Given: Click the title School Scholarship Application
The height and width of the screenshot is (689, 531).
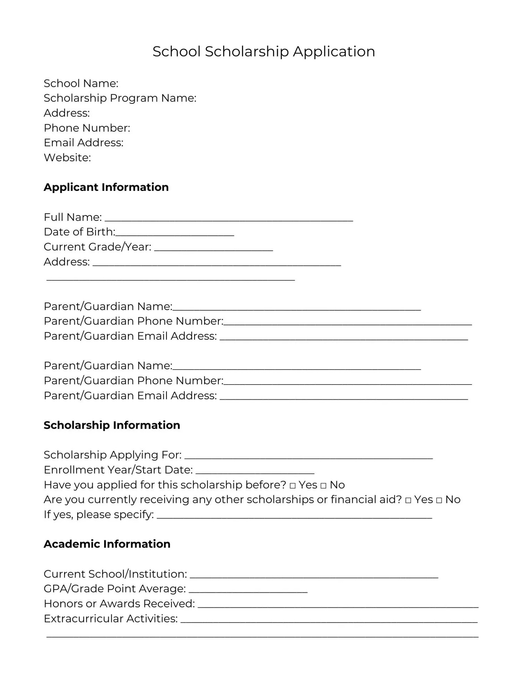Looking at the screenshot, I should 264,51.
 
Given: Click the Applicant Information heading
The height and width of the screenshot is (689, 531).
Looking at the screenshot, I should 106,187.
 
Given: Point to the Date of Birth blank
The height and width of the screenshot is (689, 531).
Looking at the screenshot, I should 175,233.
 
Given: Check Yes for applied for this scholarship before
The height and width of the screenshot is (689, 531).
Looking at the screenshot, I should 292,486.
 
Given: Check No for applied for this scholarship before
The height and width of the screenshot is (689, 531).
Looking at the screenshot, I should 323,486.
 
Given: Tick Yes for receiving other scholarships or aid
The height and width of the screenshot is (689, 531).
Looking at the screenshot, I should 408,501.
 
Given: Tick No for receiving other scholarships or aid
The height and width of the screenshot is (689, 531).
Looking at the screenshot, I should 439,501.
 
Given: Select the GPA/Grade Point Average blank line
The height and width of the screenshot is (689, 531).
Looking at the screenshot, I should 248,590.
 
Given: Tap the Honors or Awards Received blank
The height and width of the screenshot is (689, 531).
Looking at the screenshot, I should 338,605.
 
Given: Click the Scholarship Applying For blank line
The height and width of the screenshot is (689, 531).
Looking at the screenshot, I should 309,456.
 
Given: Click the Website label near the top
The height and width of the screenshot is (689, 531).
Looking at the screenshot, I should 67,158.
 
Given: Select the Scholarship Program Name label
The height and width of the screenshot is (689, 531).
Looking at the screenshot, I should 120,98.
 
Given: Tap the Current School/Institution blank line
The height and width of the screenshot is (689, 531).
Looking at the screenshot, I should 314,575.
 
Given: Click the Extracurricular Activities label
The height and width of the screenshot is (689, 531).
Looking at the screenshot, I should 111,619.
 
